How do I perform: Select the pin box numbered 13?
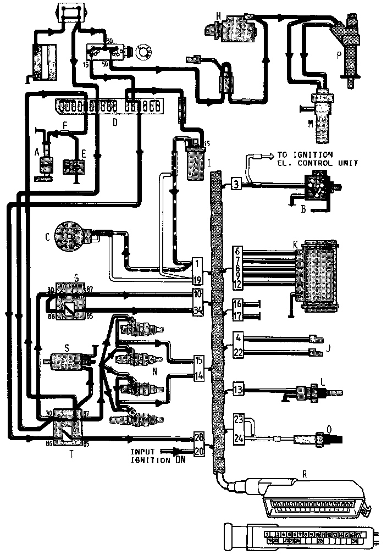[238, 389]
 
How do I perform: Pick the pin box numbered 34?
[197, 310]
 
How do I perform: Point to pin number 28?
[200, 437]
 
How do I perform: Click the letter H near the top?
[218, 17]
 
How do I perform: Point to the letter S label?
[66, 348]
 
